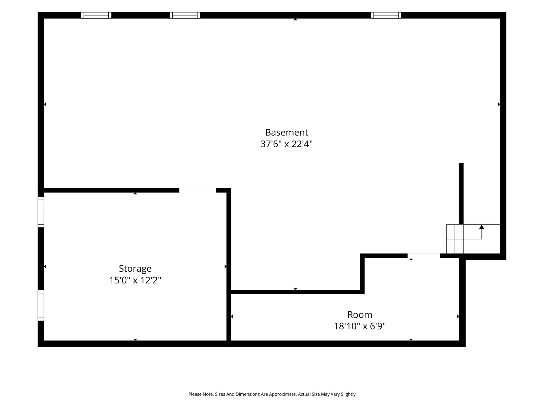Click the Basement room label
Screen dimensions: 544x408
[287, 132]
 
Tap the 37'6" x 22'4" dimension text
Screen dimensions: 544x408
[287, 144]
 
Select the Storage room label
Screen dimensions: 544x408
[135, 269]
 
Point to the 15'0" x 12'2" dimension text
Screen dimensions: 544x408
[135, 280]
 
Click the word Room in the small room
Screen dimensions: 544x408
[360, 315]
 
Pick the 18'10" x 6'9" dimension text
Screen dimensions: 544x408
[360, 326]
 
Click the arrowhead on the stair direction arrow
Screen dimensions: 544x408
[482, 227]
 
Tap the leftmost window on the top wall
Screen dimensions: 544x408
[96, 15]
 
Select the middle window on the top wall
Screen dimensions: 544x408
[185, 15]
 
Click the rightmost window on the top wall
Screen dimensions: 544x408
[386, 15]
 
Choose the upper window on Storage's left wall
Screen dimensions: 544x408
[41, 212]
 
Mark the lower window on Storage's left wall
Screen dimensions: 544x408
[41, 305]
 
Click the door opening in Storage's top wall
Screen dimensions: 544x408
[198, 190]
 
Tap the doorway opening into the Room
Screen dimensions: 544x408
[424, 256]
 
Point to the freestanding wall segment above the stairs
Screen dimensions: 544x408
[461, 194]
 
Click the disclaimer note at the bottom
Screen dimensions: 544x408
[272, 394]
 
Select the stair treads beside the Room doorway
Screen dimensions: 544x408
[455, 239]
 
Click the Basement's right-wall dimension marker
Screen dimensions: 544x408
[499, 104]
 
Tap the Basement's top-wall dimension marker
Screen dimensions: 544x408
[295, 19]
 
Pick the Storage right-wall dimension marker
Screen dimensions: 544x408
[226, 266]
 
